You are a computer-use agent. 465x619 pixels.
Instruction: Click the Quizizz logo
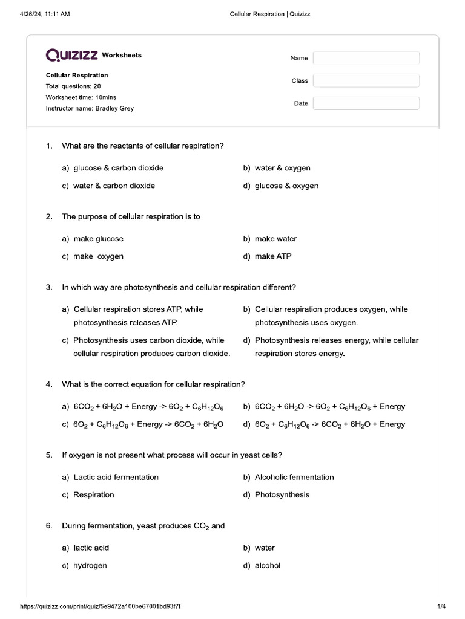point(72,56)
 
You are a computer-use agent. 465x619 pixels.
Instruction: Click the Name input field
point(366,58)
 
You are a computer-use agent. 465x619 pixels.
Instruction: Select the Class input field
point(366,80)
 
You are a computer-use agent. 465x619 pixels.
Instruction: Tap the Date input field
point(366,103)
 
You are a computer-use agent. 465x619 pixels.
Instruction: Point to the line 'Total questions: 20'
point(73,86)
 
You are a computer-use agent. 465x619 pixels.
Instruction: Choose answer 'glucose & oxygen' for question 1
point(286,186)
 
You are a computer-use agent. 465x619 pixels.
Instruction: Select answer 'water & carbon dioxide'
point(114,186)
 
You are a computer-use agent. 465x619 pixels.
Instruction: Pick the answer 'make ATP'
point(272,256)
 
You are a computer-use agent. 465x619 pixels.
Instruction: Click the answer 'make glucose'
point(98,239)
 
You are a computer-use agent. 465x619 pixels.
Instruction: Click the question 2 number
point(49,216)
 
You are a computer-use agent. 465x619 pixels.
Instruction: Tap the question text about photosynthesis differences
point(179,287)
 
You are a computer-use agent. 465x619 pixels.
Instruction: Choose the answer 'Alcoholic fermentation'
point(294,477)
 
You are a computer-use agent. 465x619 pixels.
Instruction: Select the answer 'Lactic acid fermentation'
point(116,477)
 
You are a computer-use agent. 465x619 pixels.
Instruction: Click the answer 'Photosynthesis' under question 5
point(282,494)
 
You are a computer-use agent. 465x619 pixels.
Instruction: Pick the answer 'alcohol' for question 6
point(267,566)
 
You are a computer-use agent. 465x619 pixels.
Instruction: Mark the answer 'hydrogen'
point(90,566)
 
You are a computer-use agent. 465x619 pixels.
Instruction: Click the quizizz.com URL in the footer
point(101,606)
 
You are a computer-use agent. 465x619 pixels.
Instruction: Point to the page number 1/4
point(441,606)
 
